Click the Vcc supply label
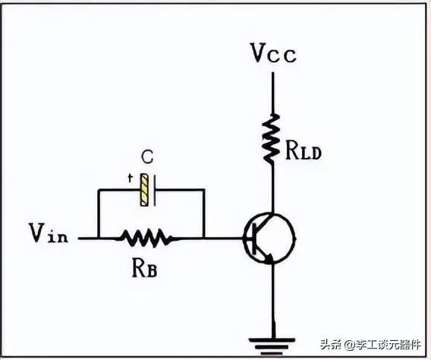pyautogui.click(x=274, y=53)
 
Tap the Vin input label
pyautogui.click(x=49, y=233)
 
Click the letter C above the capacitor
pyautogui.click(x=148, y=157)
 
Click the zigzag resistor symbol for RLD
pyautogui.click(x=272, y=138)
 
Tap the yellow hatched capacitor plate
pyautogui.click(x=144, y=190)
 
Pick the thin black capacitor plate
pyautogui.click(x=155, y=191)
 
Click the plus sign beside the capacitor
pyautogui.click(x=130, y=178)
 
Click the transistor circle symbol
pyautogui.click(x=270, y=238)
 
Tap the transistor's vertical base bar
pyautogui.click(x=254, y=238)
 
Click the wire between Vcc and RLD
pyautogui.click(x=272, y=93)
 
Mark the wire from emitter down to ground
pyautogui.click(x=273, y=301)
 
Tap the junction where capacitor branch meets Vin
pyautogui.click(x=98, y=238)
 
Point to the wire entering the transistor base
pyautogui.click(x=224, y=238)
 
